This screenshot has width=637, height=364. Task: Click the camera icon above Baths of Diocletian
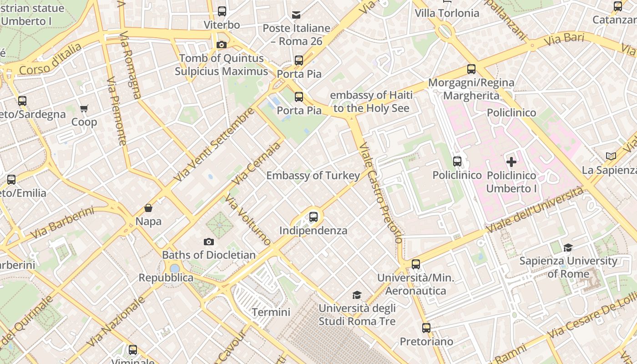[x=209, y=242]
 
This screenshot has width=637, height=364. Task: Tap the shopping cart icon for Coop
[x=84, y=108]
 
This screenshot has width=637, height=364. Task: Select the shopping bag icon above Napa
[x=148, y=208]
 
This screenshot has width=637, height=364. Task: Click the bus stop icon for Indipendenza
[x=313, y=217]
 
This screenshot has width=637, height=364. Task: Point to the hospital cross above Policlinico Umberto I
[x=511, y=162]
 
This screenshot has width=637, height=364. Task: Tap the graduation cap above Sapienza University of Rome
[x=568, y=248]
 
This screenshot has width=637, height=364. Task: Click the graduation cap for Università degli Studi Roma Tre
[x=357, y=295]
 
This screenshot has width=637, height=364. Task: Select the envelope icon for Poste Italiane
[x=296, y=15]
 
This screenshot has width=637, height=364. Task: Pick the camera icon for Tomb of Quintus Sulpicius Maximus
[x=222, y=45]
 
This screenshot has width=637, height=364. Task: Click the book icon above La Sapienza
[x=611, y=156]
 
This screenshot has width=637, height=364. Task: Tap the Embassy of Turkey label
[x=313, y=175]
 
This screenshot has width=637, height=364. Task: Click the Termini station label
[x=271, y=312]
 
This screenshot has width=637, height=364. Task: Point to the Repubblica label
[x=166, y=278]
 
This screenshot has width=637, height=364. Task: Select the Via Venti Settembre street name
[x=214, y=144]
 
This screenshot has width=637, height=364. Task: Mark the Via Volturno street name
[x=248, y=220]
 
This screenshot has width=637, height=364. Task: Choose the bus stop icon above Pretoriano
[x=426, y=328]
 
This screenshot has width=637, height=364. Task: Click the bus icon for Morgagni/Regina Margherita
[x=471, y=69]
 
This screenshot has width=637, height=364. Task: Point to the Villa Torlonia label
[x=447, y=13]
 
